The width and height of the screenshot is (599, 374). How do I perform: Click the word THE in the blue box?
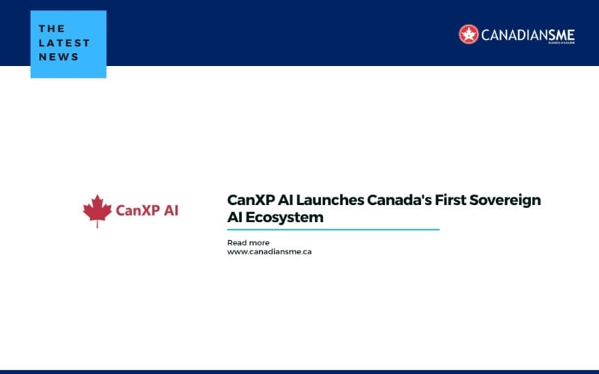click(x=52, y=29)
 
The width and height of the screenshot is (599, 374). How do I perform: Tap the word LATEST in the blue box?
click(x=64, y=43)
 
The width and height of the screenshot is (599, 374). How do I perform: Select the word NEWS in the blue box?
click(x=58, y=57)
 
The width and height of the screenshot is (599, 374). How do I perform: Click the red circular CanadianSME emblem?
click(x=469, y=34)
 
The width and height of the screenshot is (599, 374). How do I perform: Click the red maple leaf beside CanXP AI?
click(x=97, y=210)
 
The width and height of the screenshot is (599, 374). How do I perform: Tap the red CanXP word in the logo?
click(x=137, y=210)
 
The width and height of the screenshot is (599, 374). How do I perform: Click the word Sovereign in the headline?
click(x=507, y=200)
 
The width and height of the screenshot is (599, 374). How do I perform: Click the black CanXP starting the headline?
click(x=249, y=200)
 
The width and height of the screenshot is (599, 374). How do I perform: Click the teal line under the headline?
click(x=333, y=230)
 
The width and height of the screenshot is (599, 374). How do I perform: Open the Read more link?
click(x=248, y=243)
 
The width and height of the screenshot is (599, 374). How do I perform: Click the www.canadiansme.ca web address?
click(x=269, y=252)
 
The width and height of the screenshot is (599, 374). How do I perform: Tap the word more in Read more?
click(x=259, y=243)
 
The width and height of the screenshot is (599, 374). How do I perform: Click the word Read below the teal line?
click(x=237, y=243)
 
